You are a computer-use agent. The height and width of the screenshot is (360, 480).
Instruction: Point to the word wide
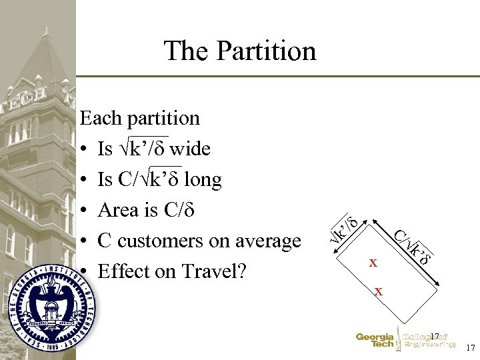click(191, 149)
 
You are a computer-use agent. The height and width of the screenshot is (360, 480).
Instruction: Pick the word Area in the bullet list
click(117, 210)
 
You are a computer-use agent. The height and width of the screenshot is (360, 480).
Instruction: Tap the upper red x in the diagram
click(373, 263)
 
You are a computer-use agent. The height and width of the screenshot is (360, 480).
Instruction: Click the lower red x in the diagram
click(379, 291)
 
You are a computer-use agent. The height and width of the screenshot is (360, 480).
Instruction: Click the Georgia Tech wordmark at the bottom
click(375, 340)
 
